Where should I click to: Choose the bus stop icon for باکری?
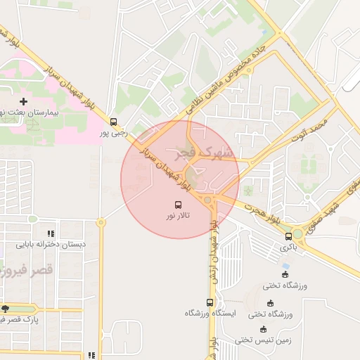289,236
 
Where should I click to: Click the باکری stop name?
289,247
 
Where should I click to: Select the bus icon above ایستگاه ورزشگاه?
210,302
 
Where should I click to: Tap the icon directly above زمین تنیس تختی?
263,329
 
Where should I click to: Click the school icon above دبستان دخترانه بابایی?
51,233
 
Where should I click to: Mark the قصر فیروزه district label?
14,270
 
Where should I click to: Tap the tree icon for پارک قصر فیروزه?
5,309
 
